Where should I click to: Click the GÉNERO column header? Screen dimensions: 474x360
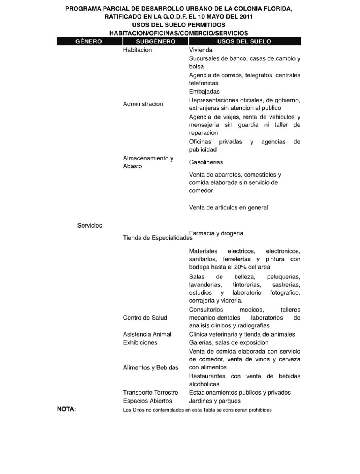(x=89, y=41)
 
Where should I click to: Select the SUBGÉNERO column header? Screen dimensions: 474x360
(x=155, y=41)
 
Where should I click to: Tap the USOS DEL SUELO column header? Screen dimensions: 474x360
(x=244, y=41)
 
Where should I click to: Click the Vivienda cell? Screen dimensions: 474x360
(x=200, y=50)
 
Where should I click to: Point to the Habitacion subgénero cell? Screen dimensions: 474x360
(x=137, y=50)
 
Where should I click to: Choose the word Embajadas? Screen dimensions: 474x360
(x=204, y=92)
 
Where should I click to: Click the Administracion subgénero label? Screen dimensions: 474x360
(x=143, y=104)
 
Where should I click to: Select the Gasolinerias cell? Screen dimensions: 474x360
(x=206, y=162)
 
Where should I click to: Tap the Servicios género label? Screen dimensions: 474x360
(x=89, y=226)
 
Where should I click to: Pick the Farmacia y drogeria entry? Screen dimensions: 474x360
(x=216, y=233)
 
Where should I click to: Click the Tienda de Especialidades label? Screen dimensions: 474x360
(x=158, y=238)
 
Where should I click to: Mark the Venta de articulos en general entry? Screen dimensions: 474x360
(x=228, y=207)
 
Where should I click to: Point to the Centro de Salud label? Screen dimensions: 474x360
(x=145, y=318)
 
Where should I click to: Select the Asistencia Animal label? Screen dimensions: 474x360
(x=147, y=334)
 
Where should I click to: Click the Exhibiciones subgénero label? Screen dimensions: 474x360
(x=140, y=342)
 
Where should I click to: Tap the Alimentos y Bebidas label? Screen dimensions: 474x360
(x=151, y=367)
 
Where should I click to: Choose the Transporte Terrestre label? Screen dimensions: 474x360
(x=150, y=393)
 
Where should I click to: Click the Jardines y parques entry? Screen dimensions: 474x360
(x=215, y=401)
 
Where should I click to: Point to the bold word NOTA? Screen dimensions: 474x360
(x=66, y=409)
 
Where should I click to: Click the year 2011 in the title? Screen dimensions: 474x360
(x=245, y=17)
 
